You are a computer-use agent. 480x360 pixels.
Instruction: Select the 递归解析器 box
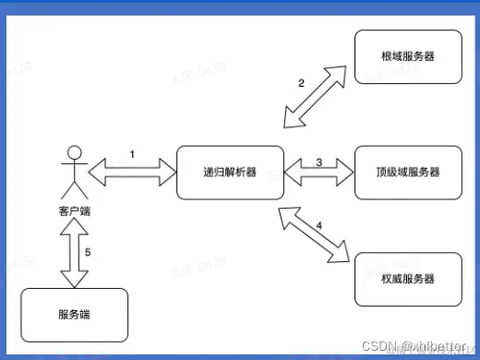230,172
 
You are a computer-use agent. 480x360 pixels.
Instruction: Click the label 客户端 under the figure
75,212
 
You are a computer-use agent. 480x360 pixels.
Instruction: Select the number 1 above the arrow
131,154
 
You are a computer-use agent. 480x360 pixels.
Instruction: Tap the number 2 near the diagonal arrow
301,83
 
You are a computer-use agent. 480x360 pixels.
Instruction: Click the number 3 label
318,162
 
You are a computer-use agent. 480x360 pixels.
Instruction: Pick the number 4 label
319,224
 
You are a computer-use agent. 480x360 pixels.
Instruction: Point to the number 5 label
89,252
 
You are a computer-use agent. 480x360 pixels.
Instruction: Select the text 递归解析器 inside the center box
230,173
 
